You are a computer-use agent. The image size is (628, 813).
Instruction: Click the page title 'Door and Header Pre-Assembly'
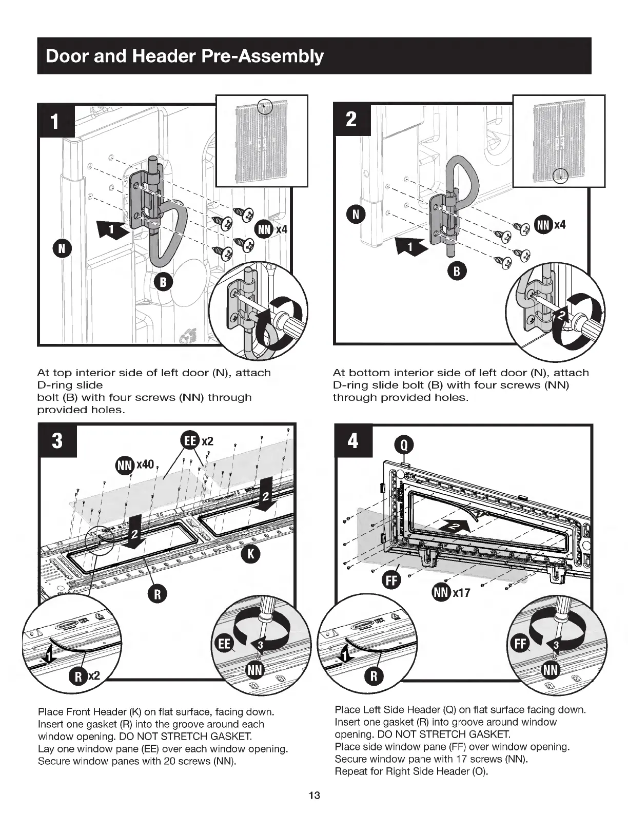pos(185,56)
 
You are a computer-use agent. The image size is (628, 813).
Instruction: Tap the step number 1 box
pos(56,122)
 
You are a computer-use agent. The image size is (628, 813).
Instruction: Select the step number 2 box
pos(351,119)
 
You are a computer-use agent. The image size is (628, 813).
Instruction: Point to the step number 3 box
pos(57,440)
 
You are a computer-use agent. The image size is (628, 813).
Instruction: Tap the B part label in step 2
pos(456,272)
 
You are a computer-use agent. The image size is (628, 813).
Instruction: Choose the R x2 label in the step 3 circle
pos(83,676)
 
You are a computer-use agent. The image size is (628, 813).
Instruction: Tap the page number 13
pos(314,796)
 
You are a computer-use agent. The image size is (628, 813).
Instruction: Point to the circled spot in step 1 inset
pos(265,106)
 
